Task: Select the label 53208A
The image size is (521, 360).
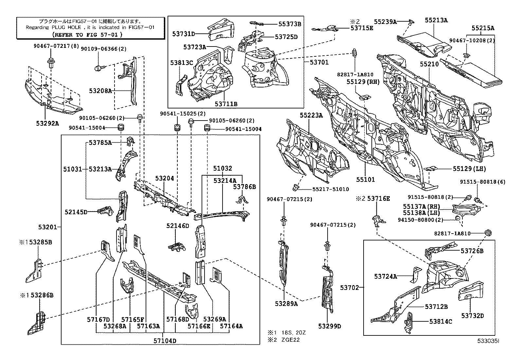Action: click(100, 90)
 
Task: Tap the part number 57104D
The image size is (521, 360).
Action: click(165, 341)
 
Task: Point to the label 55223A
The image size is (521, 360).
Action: click(311, 115)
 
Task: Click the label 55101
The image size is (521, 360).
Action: click(366, 180)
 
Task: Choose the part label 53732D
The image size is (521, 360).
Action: click(473, 316)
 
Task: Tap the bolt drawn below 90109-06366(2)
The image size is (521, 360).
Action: click(99, 68)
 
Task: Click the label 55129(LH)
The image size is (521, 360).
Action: click(469, 169)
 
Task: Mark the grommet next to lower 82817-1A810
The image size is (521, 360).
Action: click(488, 233)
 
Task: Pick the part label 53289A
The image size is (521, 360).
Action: click(286, 304)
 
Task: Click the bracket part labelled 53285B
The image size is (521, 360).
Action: click(34, 271)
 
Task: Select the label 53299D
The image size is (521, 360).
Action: click(330, 326)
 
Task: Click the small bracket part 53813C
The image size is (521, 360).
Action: click(180, 85)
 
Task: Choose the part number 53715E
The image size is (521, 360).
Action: click(362, 28)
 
